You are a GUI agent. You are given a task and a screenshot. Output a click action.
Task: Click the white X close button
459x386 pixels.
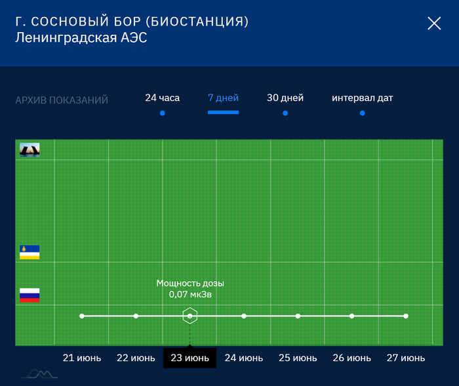(x=434, y=24)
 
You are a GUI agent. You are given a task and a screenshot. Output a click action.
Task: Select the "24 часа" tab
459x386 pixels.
(x=162, y=98)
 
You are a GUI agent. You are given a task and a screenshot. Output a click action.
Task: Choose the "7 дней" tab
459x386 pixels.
(x=223, y=98)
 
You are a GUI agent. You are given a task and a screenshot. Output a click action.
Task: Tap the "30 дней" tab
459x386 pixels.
(x=285, y=98)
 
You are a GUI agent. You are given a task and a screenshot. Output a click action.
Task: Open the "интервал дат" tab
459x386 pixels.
(x=362, y=98)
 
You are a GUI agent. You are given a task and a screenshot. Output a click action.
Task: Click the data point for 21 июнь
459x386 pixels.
(x=82, y=316)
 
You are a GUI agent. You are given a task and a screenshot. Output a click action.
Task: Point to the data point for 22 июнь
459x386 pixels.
(x=136, y=316)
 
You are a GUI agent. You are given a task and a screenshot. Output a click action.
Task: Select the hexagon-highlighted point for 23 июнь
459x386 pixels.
(x=190, y=316)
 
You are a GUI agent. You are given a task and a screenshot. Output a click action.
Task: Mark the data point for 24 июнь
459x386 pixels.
(x=244, y=316)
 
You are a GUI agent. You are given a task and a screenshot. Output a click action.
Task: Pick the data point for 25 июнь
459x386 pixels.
(x=298, y=316)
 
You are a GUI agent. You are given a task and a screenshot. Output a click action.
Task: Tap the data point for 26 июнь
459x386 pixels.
(x=352, y=316)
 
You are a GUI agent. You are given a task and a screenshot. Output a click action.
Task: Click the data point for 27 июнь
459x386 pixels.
(x=406, y=316)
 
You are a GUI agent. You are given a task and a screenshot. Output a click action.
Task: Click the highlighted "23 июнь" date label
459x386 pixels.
(x=190, y=358)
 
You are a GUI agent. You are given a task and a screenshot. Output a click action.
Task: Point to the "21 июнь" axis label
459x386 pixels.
(x=82, y=358)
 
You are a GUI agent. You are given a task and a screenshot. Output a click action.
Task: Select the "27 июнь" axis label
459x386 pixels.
(x=406, y=358)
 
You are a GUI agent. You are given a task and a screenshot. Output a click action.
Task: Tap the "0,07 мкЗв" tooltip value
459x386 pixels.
(x=190, y=295)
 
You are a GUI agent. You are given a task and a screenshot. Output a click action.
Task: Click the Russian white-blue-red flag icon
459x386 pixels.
(x=30, y=295)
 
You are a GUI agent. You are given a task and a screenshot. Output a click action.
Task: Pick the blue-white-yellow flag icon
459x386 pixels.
(x=30, y=252)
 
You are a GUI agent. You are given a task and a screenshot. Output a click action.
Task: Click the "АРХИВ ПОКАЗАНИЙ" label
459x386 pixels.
(x=62, y=100)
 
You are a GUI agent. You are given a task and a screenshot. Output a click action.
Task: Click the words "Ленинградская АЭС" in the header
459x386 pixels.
(x=81, y=38)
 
